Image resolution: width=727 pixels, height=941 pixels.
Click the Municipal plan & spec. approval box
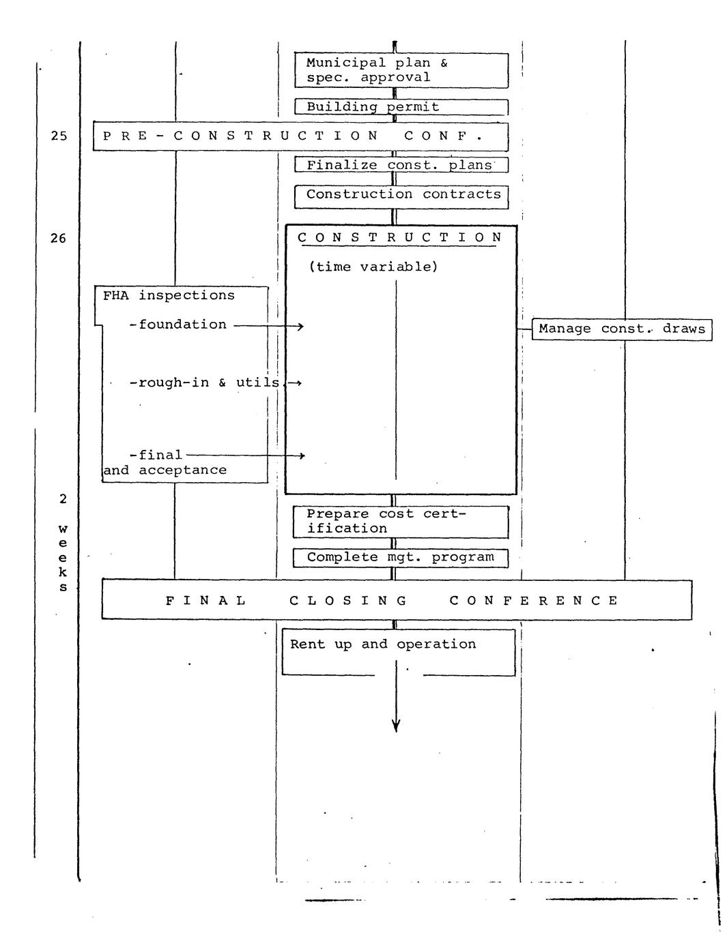[401, 70]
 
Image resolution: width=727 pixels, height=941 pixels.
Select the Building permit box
[401, 107]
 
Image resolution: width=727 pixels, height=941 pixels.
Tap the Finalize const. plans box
[401, 165]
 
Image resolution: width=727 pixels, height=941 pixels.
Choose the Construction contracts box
[402, 196]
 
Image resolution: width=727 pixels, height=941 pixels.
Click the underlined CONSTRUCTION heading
[400, 238]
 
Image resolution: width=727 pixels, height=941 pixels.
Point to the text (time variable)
[373, 267]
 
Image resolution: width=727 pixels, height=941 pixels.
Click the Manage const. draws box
[621, 329]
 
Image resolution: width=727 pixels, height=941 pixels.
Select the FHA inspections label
[169, 296]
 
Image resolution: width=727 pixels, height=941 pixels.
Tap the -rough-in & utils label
[204, 383]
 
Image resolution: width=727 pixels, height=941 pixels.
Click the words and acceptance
[165, 470]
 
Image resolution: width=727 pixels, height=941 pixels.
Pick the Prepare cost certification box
[401, 522]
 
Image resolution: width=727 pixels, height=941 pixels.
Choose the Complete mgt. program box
[401, 558]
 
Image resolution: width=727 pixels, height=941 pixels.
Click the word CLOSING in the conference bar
[348, 601]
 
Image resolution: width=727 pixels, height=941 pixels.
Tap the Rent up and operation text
[383, 644]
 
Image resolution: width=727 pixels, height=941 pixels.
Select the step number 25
[59, 136]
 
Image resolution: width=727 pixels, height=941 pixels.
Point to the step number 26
[59, 239]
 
